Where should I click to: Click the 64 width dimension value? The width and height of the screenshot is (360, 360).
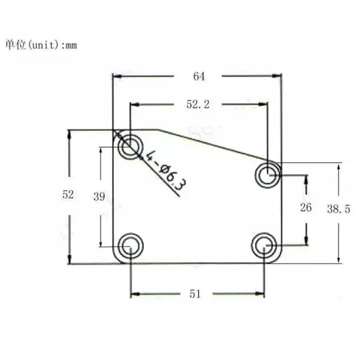coord(199,76)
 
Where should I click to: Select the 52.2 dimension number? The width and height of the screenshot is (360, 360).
coord(198,104)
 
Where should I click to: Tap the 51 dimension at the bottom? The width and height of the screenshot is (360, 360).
coord(195,294)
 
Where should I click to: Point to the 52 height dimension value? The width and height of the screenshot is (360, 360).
coord(68,195)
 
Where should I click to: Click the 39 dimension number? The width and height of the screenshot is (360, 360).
coord(99,197)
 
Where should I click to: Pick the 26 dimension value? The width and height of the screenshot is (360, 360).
coord(306,207)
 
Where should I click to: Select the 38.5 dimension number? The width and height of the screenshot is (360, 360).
coord(338,209)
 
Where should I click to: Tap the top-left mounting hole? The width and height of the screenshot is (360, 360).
coord(130,146)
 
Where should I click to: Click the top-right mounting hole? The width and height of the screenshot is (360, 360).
coord(267,175)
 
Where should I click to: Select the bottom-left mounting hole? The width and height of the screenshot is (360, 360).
coord(130,246)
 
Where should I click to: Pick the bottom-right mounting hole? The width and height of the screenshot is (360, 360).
coord(265,246)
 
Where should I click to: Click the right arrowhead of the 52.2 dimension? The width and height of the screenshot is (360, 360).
coord(265,104)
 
